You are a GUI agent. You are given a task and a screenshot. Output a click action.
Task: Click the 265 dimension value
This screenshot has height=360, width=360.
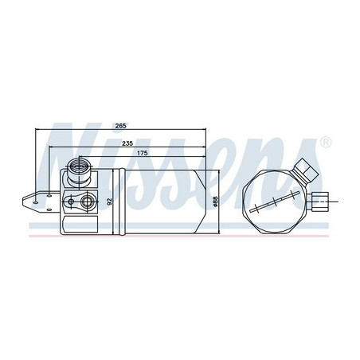tap(120, 126)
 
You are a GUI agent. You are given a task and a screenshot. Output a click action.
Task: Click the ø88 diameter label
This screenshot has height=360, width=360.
tap(215, 203)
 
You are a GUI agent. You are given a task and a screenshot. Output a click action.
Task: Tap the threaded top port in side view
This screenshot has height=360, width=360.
tap(79, 166)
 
